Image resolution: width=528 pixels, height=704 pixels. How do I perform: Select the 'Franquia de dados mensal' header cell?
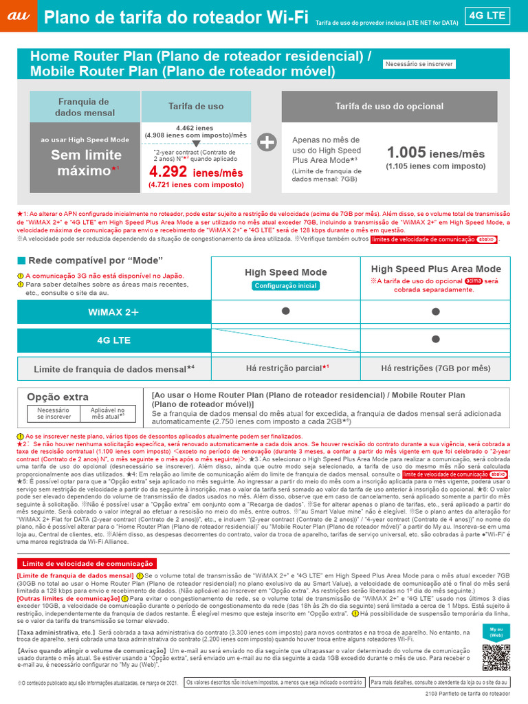[x=85, y=107]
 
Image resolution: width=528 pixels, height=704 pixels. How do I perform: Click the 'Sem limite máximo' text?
[x=86, y=162]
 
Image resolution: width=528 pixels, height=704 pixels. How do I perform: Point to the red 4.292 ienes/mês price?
[x=196, y=172]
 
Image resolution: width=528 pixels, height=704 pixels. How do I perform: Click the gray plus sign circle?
[x=267, y=142]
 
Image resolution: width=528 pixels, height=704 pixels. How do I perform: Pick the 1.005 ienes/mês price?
[x=435, y=153]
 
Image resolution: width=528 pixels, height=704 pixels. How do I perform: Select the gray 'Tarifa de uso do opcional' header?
[x=389, y=107]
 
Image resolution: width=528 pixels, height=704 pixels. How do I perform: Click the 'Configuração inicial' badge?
[x=286, y=285]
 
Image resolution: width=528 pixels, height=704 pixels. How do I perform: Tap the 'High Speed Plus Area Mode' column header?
[x=436, y=269]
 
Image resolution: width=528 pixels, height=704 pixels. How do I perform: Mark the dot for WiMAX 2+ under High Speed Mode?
[x=286, y=312]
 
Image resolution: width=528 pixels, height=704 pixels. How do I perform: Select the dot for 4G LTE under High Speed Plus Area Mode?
[x=436, y=340]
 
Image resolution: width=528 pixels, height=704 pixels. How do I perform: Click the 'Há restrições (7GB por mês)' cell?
[x=436, y=368]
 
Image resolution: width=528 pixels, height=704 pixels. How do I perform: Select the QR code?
[x=496, y=658]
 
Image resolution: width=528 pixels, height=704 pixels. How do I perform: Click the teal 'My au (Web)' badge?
[x=496, y=632]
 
